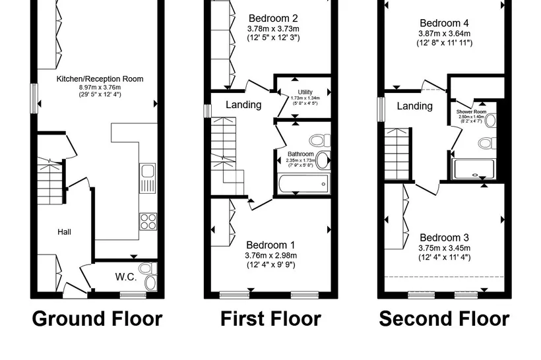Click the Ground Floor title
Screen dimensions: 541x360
pyautogui.click(x=97, y=318)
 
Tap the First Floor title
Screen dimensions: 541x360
pyautogui.click(x=271, y=318)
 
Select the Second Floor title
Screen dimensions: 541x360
pyautogui.click(x=445, y=318)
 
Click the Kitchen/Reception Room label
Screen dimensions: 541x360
pyautogui.click(x=100, y=79)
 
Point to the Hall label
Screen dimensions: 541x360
pyautogui.click(x=64, y=232)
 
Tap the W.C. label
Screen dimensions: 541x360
pyautogui.click(x=126, y=277)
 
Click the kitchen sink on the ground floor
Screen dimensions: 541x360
pyautogui.click(x=148, y=178)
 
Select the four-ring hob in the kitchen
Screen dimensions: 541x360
pyautogui.click(x=148, y=222)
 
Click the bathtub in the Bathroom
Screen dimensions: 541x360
pyautogui.click(x=303, y=184)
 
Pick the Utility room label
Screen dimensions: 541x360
pyautogui.click(x=305, y=92)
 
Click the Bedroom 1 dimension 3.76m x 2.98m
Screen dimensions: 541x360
pyautogui.click(x=271, y=256)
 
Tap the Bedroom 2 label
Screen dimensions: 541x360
pyautogui.click(x=273, y=18)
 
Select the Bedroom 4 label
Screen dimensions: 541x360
pyautogui.click(x=445, y=23)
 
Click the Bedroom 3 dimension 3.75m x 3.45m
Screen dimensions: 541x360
pyautogui.click(x=445, y=248)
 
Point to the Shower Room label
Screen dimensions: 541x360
pyautogui.click(x=471, y=111)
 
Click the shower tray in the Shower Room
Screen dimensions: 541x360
pyautogui.click(x=474, y=169)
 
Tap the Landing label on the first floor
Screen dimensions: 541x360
pyautogui.click(x=243, y=104)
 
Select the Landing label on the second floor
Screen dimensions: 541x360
pyautogui.click(x=415, y=106)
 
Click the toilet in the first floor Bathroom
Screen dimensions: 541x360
pyautogui.click(x=320, y=140)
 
